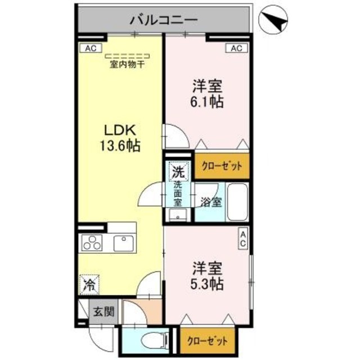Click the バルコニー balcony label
(163, 20)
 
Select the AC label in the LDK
(91, 48)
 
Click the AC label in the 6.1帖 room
(236, 48)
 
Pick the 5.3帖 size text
(208, 283)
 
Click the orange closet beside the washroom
(222, 166)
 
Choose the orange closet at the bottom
(208, 341)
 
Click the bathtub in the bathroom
(237, 202)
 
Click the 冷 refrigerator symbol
(88, 283)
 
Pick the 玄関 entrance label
(102, 312)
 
